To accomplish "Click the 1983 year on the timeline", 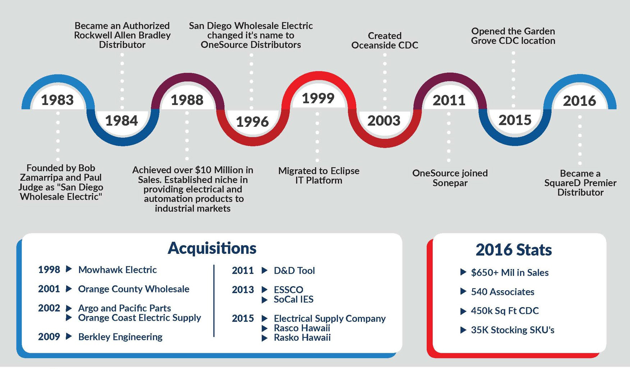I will pos(57,100).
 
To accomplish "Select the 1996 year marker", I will pos(252,122).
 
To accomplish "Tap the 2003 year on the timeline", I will pos(384,120).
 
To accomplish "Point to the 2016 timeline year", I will pos(579,101).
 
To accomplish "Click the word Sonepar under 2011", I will pos(450,183).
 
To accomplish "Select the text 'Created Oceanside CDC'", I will pos(385,41).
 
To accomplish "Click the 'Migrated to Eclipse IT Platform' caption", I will pos(319,176).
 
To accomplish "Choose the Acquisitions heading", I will pos(212,248).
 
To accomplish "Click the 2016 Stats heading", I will pos(514,250).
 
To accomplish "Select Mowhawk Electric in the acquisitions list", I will pos(117,270).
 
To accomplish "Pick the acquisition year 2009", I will pos(49,337).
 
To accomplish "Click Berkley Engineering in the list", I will pos(120,337).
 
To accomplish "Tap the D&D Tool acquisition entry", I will pos(294,271).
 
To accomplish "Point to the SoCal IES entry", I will pos(293,299).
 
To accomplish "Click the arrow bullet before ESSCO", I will pos(265,290).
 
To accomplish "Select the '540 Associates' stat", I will pos(502,292).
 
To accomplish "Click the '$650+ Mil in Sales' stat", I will pos(510,273).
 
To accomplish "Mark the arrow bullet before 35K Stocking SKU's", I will pos(463,330).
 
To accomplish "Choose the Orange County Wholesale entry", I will pos(133,289).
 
